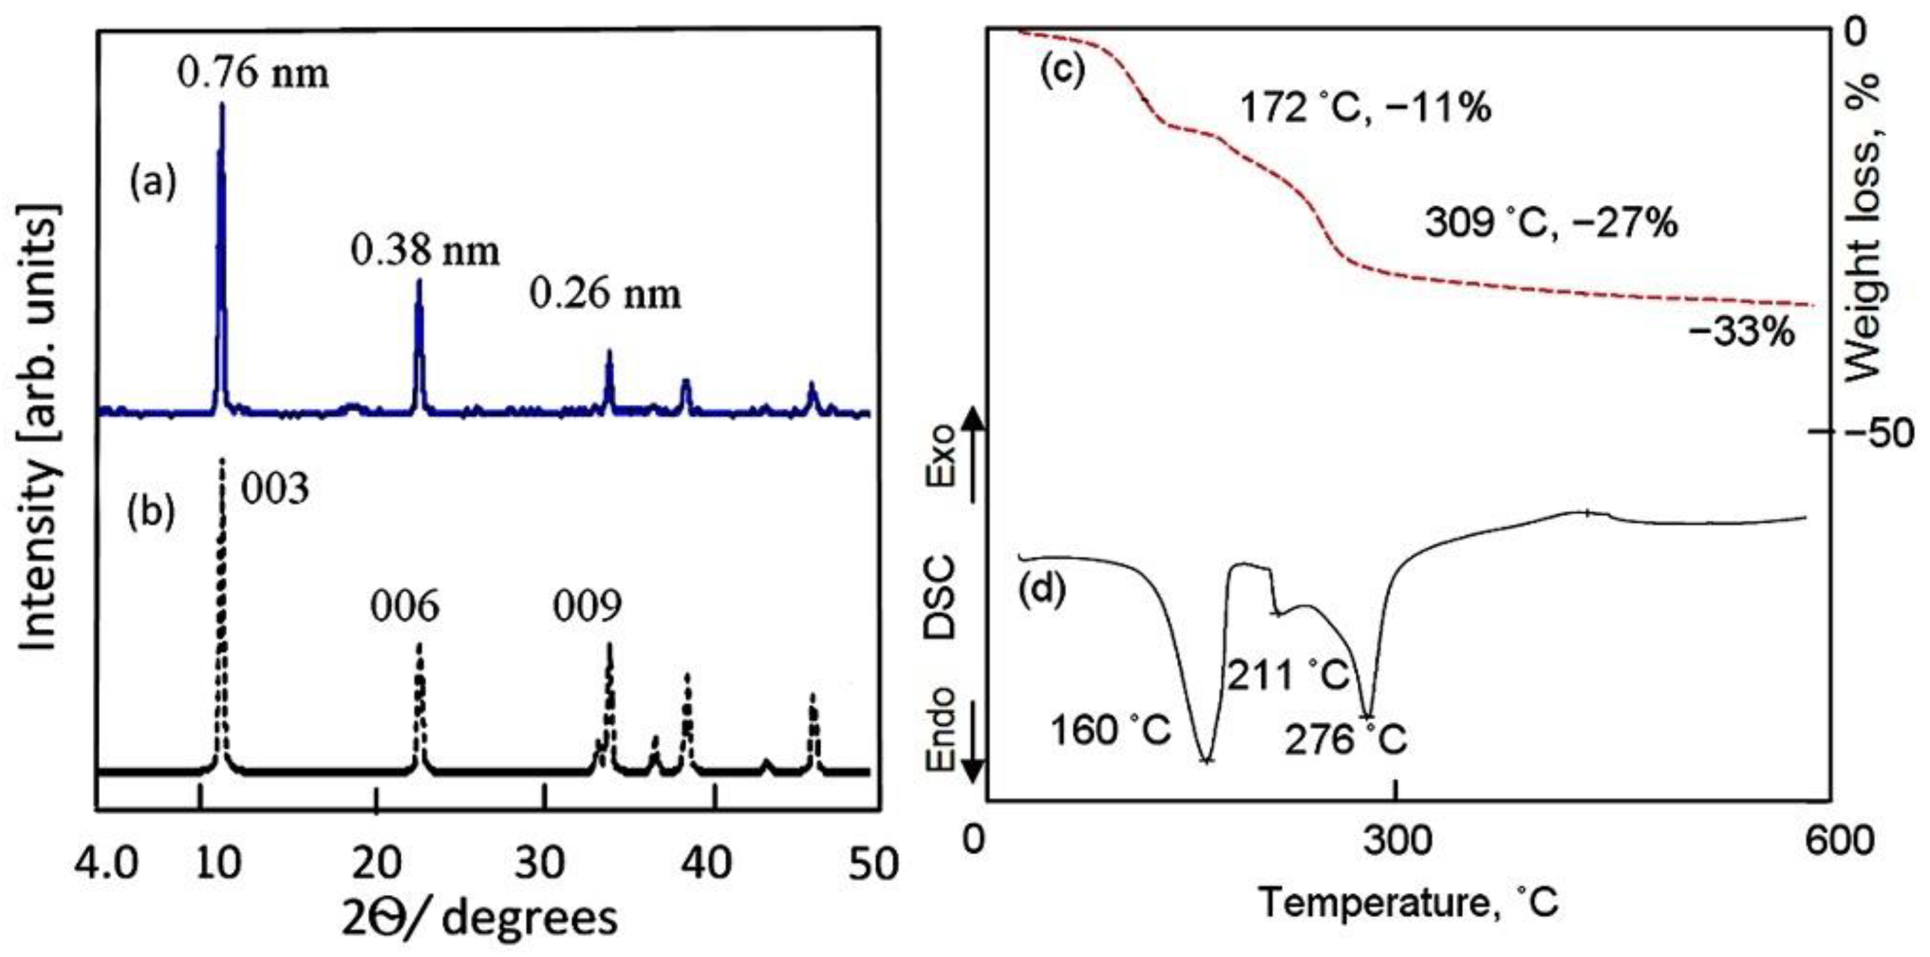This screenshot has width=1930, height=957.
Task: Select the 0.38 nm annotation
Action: [425, 252]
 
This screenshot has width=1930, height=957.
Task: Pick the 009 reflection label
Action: [588, 606]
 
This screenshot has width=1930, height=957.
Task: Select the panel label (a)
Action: [153, 183]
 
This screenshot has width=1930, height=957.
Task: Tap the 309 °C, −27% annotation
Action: [1551, 223]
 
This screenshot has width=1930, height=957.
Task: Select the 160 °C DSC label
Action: [1110, 731]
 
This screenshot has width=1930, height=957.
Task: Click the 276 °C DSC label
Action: [1346, 741]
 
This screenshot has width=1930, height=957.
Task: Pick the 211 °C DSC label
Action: [1287, 675]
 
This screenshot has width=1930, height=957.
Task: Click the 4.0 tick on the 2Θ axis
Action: [106, 863]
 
